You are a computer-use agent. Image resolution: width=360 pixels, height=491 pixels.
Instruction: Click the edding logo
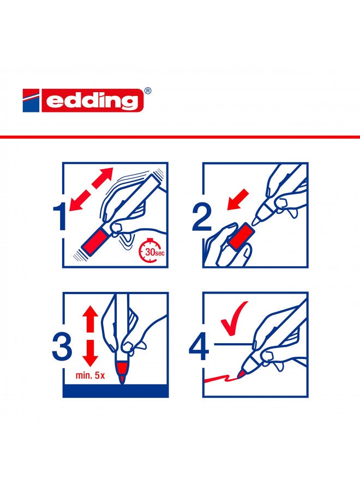(87, 101)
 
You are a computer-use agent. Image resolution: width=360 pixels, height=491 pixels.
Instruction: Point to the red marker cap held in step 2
(240, 238)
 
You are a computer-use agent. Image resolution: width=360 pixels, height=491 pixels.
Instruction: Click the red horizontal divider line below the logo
(180, 136)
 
